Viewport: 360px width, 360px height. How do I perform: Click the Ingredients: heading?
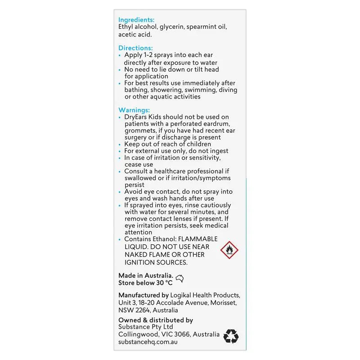tap(136, 20)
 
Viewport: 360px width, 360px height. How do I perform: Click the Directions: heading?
tap(135, 48)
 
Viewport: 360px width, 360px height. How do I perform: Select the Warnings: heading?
tap(134, 110)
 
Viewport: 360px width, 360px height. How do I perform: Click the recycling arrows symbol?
tap(231, 336)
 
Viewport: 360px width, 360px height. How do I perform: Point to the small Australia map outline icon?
tap(180, 279)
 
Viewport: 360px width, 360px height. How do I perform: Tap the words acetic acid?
tap(135, 34)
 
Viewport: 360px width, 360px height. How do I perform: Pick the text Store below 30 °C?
tap(145, 283)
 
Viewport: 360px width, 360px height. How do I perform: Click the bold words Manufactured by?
tap(143, 295)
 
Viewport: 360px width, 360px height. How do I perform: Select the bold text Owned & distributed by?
tap(156, 320)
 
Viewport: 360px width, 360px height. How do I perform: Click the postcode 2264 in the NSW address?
tap(143, 310)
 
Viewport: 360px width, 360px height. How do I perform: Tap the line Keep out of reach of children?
tap(167, 144)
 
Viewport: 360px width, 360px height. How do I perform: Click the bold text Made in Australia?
tap(145, 275)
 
